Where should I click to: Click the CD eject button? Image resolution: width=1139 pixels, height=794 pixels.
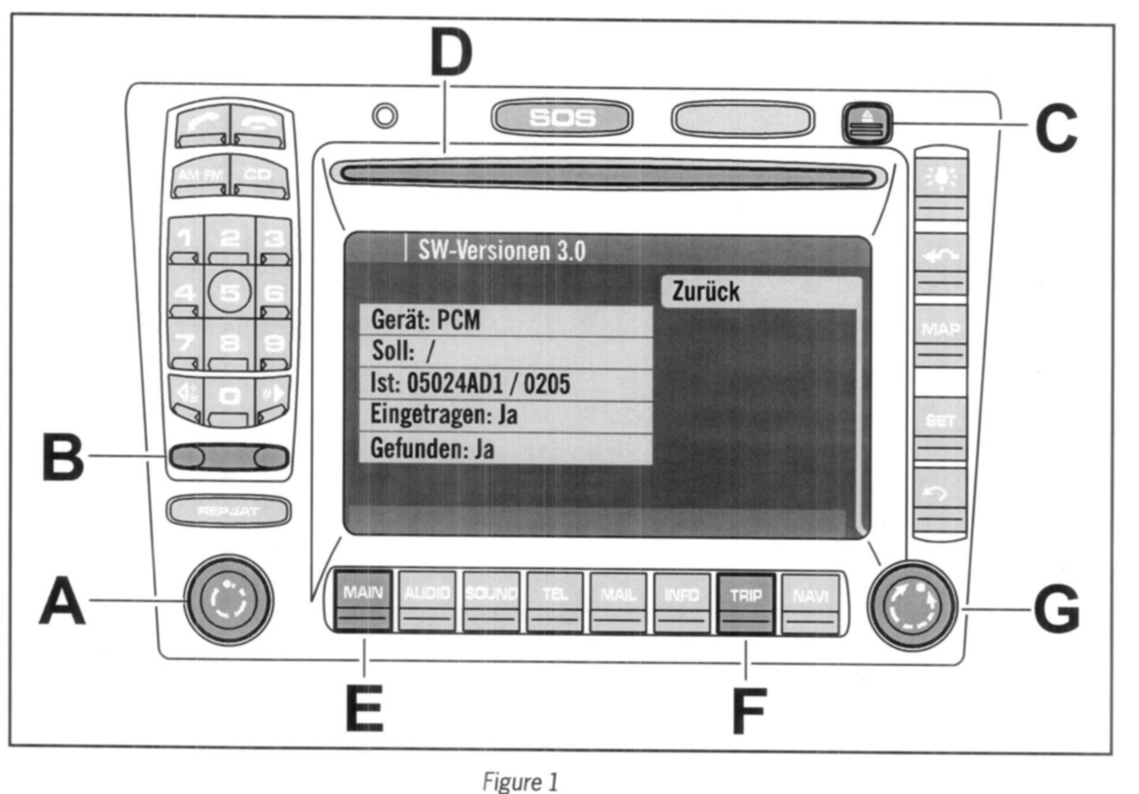[867, 123]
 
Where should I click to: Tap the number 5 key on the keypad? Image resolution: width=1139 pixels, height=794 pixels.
[230, 292]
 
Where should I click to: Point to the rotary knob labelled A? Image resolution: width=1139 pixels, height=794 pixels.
[229, 600]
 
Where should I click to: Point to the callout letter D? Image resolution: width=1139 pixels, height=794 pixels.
[451, 52]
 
